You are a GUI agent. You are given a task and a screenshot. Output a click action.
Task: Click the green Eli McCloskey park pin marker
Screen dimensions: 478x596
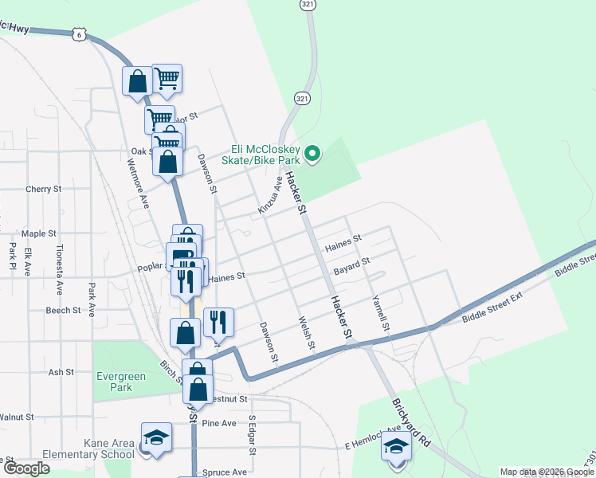(x=313, y=155)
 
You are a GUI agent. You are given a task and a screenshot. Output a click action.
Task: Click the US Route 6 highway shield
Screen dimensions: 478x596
(x=77, y=33)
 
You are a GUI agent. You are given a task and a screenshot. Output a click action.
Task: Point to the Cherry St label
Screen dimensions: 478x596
(x=43, y=190)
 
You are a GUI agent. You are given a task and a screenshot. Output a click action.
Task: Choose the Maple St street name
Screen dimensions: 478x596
(x=39, y=234)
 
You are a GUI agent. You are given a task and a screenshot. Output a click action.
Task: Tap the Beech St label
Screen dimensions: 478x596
(x=63, y=310)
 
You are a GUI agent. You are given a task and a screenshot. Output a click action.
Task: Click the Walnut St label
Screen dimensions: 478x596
(x=17, y=417)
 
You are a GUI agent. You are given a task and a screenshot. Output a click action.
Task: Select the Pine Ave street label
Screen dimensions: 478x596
(x=220, y=423)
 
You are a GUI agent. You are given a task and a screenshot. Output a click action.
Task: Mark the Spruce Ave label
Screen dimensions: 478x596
(x=222, y=472)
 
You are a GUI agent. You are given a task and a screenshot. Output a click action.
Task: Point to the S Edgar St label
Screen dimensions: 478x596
(x=252, y=435)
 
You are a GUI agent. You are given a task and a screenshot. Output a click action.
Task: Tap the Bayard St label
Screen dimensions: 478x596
(x=352, y=266)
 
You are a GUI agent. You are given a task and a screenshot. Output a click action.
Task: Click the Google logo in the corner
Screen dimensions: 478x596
(x=27, y=468)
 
